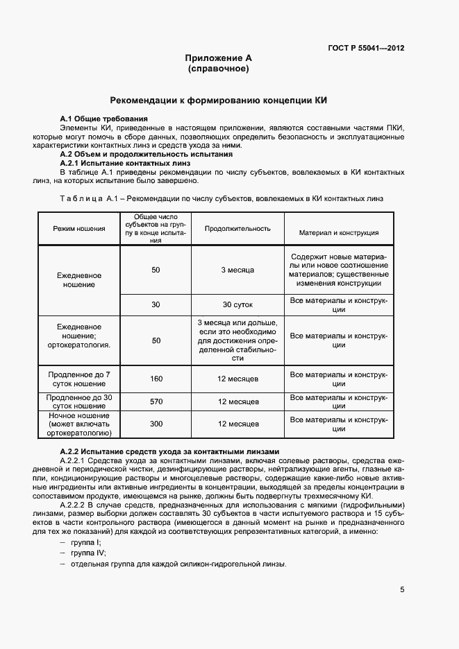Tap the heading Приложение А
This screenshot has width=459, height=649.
click(x=218, y=58)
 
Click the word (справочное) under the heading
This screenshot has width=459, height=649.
click(x=218, y=69)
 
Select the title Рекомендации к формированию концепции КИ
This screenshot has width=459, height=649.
click(x=219, y=101)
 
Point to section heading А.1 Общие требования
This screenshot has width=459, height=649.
click(x=104, y=119)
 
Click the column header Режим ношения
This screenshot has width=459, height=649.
click(x=79, y=229)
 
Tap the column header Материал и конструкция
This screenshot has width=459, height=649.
click(x=338, y=233)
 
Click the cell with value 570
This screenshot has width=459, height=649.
click(x=156, y=401)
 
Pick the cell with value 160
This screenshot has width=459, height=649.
click(x=156, y=379)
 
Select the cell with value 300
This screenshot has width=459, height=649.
click(x=156, y=424)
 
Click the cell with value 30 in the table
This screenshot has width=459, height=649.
click(x=156, y=304)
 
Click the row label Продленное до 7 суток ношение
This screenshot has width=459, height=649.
click(x=79, y=379)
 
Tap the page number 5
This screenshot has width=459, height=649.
click(x=402, y=590)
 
